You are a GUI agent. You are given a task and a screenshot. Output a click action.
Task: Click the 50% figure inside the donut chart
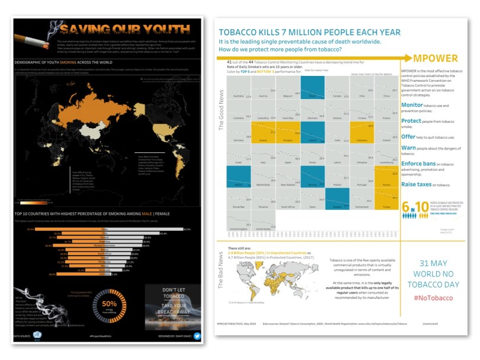(110, 304)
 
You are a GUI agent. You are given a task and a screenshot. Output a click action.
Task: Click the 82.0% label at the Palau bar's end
(187, 229)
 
